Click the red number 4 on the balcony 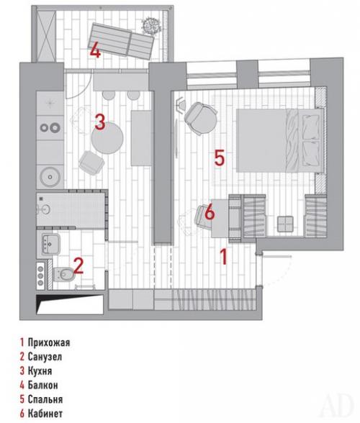(94, 51)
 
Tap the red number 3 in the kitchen (100, 120)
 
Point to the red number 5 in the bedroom (220, 157)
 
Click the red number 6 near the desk (209, 212)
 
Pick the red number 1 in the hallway (224, 255)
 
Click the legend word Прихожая (50, 343)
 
